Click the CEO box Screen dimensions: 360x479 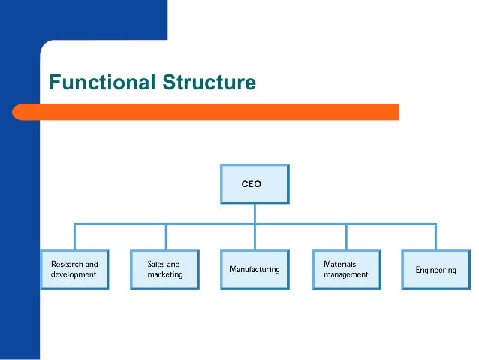point(254,183)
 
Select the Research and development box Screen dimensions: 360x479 point(74,269)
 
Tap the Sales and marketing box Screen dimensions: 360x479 point(164,269)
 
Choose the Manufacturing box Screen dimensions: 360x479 point(255,269)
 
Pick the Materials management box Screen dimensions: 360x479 point(345,269)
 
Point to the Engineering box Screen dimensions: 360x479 point(435,269)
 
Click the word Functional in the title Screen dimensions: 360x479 point(103,82)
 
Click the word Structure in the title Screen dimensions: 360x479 point(209,82)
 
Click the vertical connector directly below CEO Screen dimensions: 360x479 point(255,213)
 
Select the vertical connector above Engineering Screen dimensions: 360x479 point(435,236)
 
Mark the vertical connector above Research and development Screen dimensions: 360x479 point(74,236)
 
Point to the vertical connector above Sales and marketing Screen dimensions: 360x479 point(165,236)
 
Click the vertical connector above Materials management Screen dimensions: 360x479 point(345,236)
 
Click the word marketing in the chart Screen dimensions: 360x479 point(164,274)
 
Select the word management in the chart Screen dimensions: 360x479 point(346,274)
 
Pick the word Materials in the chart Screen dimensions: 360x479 point(339,265)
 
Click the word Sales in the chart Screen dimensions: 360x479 point(156,265)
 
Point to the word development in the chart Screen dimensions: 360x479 point(74,274)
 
